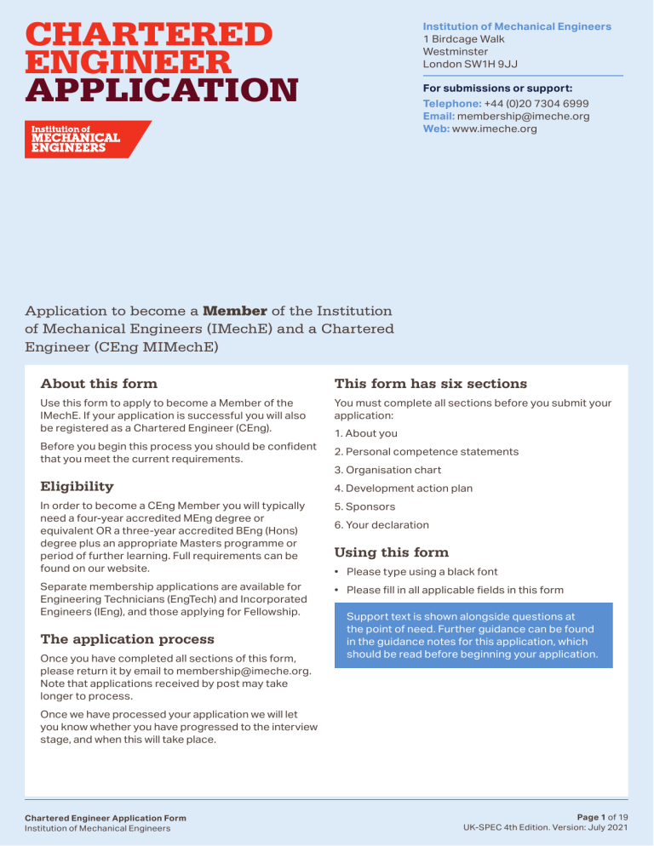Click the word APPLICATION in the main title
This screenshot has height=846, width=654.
pyautogui.click(x=163, y=89)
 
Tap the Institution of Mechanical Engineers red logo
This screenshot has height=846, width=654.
pyautogui.click(x=85, y=140)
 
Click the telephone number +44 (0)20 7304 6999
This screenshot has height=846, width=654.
pyautogui.click(x=536, y=102)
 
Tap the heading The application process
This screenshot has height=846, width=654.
pyautogui.click(x=128, y=638)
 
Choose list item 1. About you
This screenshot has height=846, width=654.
pyautogui.click(x=365, y=433)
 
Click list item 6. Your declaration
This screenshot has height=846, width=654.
pyautogui.click(x=381, y=525)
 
